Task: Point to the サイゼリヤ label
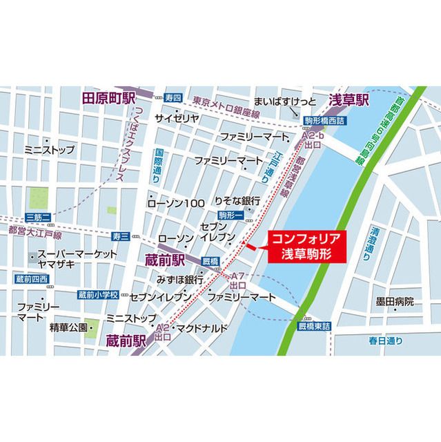(177, 118)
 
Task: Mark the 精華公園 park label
(68, 325)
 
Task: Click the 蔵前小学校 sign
(99, 294)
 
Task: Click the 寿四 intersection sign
(173, 98)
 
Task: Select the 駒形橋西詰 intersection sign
(326, 120)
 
